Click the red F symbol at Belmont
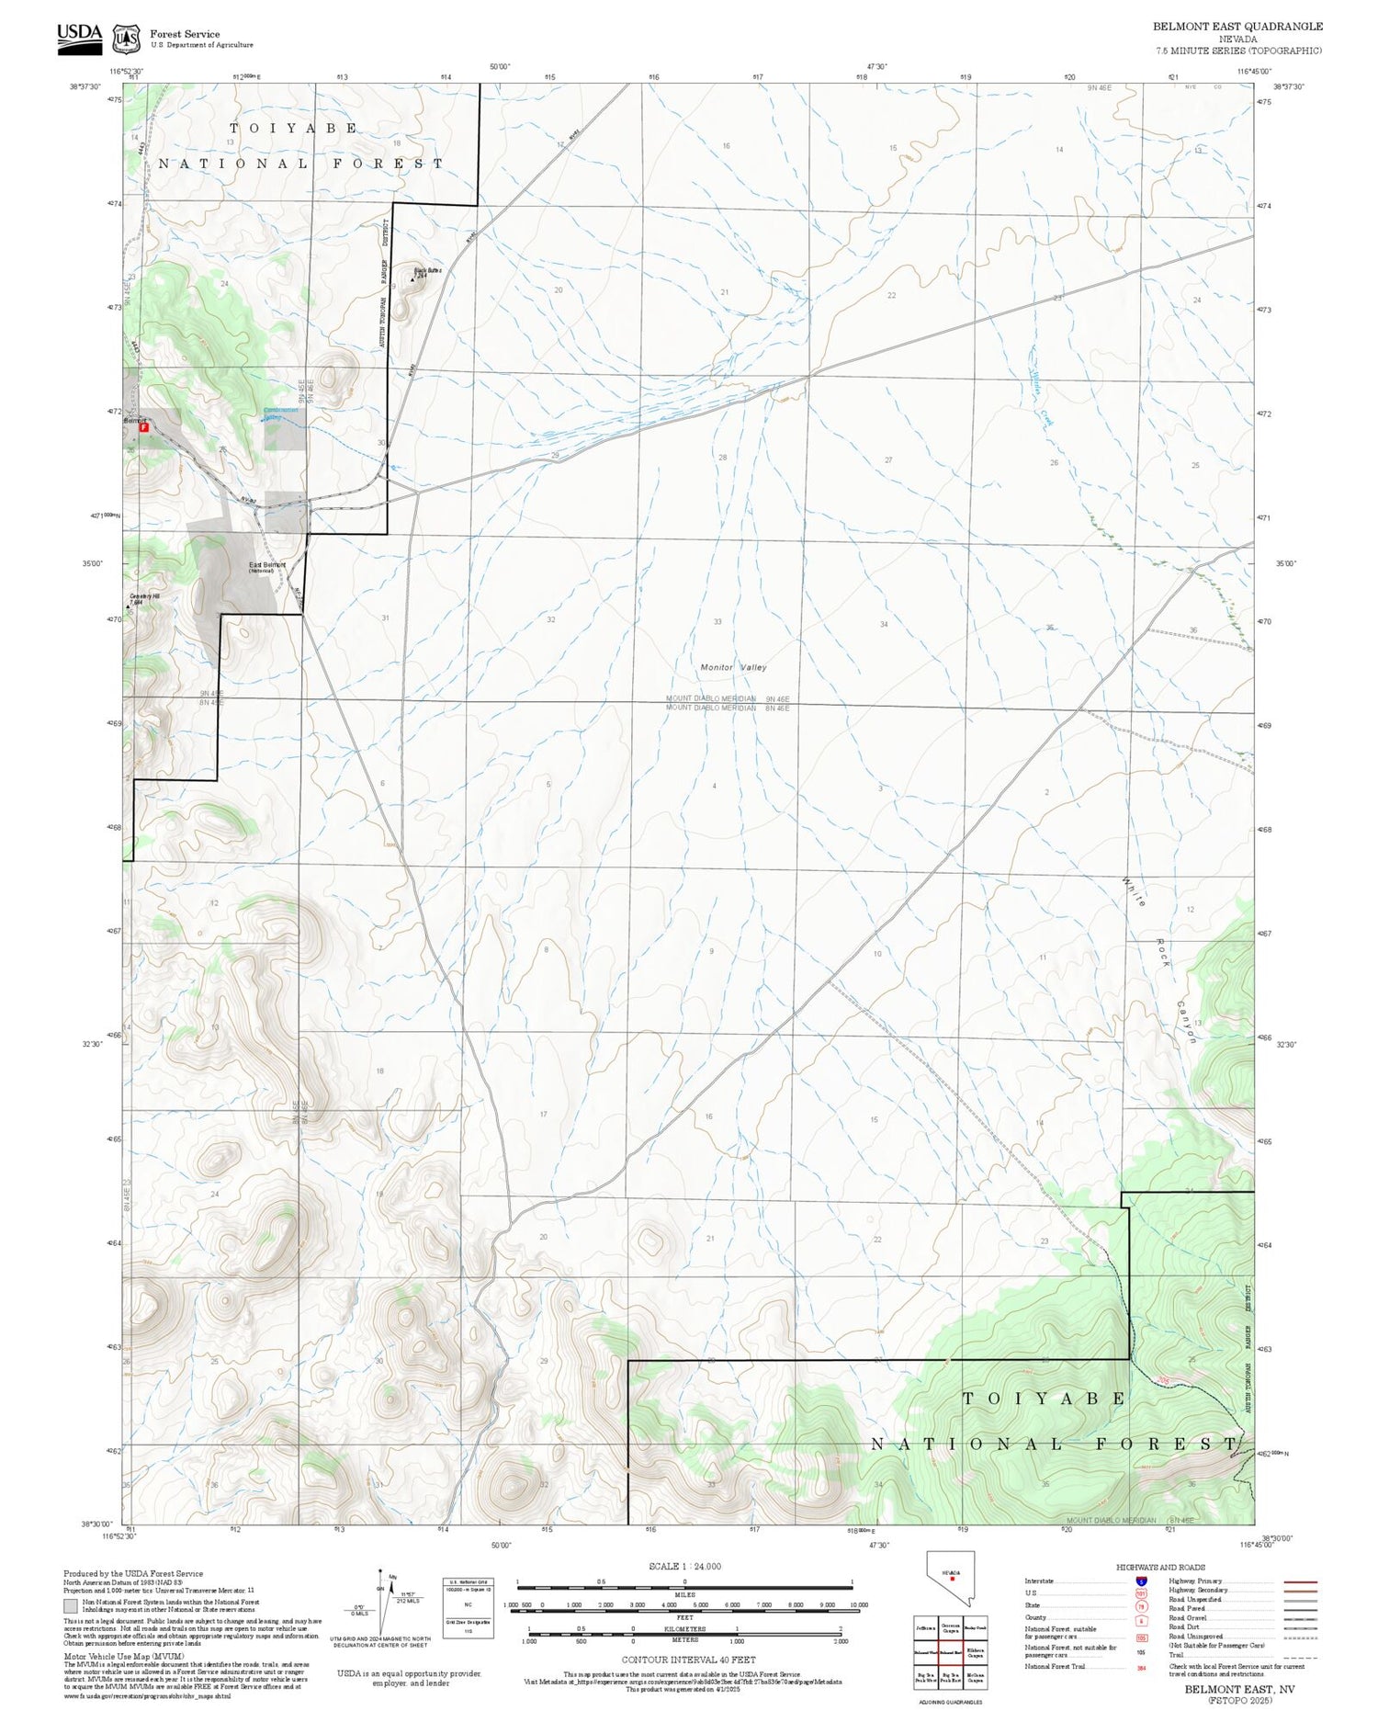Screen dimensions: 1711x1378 click(143, 426)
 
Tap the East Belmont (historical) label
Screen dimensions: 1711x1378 click(267, 567)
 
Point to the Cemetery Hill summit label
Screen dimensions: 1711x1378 click(144, 598)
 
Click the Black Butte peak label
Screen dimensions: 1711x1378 click(427, 271)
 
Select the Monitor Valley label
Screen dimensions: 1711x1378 click(733, 667)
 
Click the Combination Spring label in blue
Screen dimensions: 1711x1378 click(280, 413)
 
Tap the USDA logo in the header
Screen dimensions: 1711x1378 click(80, 38)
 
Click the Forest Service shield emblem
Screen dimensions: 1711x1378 click(126, 39)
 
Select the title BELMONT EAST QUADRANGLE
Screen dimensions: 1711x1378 click(1237, 27)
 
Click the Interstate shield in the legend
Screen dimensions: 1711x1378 click(1141, 1581)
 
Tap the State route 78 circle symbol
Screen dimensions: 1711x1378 click(1141, 1606)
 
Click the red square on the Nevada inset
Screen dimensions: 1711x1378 click(953, 1579)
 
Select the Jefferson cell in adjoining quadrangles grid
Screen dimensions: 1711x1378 click(925, 1626)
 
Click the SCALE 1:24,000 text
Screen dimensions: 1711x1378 click(684, 1566)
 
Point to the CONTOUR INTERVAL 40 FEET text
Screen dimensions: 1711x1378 click(688, 1660)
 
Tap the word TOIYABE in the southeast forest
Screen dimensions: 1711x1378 click(1045, 1399)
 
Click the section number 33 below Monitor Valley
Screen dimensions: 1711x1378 click(717, 622)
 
